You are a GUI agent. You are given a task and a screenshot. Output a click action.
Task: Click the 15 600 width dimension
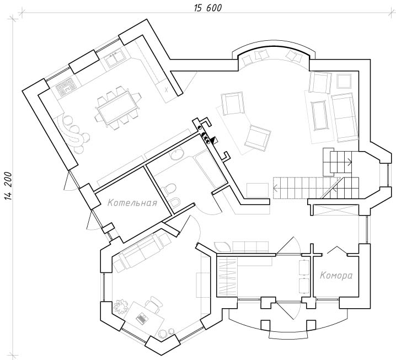[208, 8]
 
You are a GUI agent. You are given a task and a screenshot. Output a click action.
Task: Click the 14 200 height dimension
[8, 186]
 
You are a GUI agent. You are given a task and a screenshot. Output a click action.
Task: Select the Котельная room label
[132, 203]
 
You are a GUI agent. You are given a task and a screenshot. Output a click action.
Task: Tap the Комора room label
[336, 276]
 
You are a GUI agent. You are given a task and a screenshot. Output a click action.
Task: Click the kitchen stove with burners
[66, 87]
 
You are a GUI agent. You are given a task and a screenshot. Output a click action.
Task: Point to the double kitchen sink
[115, 58]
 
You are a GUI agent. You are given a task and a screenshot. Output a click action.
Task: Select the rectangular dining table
[117, 108]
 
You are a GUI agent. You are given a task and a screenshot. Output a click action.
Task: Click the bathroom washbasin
[177, 154]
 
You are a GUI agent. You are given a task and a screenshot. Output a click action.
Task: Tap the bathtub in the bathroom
[211, 169]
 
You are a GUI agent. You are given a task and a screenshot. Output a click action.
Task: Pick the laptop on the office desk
[142, 318]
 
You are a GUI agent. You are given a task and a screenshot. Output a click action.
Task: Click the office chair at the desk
[153, 303]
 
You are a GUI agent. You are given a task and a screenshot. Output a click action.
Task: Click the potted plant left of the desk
[121, 305]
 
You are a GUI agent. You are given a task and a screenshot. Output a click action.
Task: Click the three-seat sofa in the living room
[345, 117]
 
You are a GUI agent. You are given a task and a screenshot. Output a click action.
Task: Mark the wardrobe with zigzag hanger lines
[227, 276]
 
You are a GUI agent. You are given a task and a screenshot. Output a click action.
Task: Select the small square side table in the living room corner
[344, 81]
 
